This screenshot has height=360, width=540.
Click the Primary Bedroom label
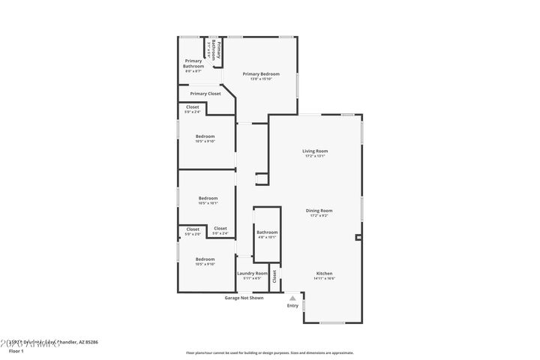261,73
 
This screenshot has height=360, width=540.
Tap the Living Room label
315,151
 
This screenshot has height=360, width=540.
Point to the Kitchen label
324,273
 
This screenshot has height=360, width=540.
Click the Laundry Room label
252,273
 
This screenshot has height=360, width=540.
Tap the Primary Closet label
205,94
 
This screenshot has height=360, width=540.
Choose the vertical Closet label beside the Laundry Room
274,276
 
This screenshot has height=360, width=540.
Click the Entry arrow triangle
292,298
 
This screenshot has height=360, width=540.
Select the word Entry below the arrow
292,305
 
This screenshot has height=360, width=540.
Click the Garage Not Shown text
244,298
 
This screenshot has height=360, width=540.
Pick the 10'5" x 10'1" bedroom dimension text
208,202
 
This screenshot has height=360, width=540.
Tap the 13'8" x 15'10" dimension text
261,79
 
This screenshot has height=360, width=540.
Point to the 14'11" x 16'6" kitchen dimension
324,278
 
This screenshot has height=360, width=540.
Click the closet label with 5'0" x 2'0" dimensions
193,234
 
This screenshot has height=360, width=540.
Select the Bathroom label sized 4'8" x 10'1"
267,232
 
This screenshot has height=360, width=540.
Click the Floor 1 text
16,350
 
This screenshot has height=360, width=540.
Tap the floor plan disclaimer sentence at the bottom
270,352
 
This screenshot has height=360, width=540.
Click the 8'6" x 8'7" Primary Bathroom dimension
193,70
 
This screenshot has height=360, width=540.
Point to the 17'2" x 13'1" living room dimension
315,156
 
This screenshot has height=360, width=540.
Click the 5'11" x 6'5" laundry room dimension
252,278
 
